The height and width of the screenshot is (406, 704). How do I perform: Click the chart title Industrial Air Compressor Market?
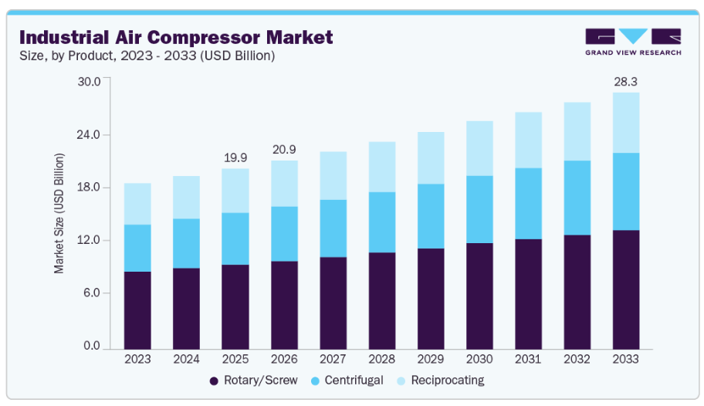pyautogui.click(x=176, y=36)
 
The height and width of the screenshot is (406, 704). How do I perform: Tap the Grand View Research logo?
pyautogui.click(x=633, y=41)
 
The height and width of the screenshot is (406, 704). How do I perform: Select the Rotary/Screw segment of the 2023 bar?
pyautogui.click(x=137, y=309)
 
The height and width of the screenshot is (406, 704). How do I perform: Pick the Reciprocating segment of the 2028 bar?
pyautogui.click(x=382, y=167)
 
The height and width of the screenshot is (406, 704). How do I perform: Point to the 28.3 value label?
pyautogui.click(x=626, y=81)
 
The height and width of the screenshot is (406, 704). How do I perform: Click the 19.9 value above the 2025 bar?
pyautogui.click(x=235, y=157)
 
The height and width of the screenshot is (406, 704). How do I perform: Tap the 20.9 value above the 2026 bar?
pyautogui.click(x=284, y=149)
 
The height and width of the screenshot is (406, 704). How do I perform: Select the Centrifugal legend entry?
pyautogui.click(x=349, y=380)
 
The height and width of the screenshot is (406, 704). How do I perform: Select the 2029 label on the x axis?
pyautogui.click(x=431, y=359)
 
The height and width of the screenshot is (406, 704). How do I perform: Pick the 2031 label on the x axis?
pyautogui.click(x=528, y=359)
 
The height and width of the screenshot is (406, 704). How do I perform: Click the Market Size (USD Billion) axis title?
pyautogui.click(x=59, y=213)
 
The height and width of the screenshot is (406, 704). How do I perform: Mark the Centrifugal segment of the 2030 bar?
pyautogui.click(x=479, y=209)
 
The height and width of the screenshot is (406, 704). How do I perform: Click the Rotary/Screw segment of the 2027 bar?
pyautogui.click(x=333, y=302)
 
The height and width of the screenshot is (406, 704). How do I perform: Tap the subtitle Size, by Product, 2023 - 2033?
pyautogui.click(x=147, y=56)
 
